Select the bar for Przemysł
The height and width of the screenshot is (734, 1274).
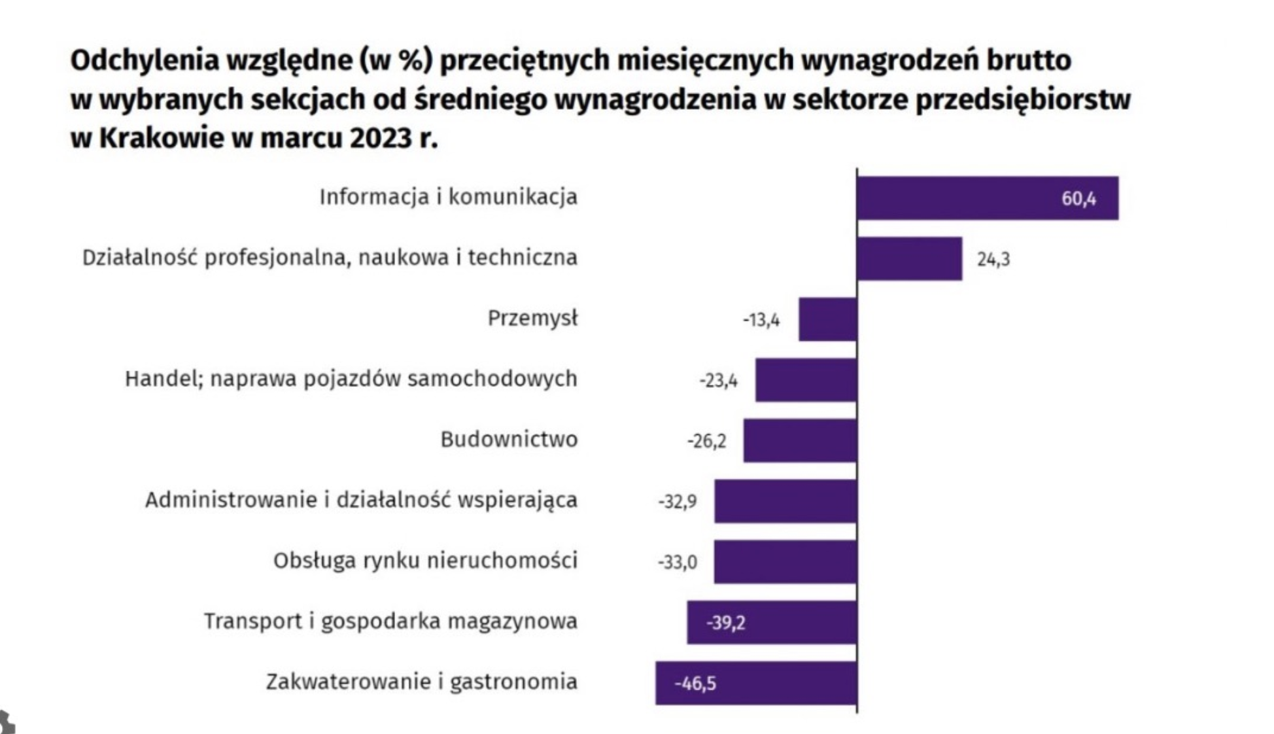(x=827, y=319)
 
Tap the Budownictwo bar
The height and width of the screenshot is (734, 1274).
(x=799, y=440)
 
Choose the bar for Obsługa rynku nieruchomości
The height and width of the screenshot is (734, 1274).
(x=785, y=561)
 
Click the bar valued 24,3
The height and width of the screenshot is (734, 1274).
(x=909, y=259)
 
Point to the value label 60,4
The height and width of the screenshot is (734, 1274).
(x=1078, y=199)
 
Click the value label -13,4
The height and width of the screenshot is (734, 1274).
(x=761, y=320)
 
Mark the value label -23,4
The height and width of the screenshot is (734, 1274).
(x=718, y=380)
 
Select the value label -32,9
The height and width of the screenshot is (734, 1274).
(x=677, y=502)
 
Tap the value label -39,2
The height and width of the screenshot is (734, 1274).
(x=725, y=623)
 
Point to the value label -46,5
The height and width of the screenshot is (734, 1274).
(x=695, y=684)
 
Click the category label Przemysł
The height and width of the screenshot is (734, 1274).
(x=532, y=319)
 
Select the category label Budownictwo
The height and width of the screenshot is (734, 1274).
(x=509, y=439)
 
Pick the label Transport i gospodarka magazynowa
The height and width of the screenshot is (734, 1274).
(x=390, y=621)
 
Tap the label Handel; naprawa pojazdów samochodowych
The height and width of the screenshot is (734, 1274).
(x=351, y=379)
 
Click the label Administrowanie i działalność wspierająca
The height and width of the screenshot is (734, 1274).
(x=361, y=500)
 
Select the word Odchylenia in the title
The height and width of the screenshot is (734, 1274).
(x=145, y=60)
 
